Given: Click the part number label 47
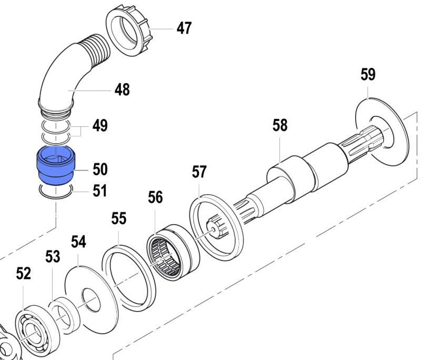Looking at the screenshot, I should (184, 28).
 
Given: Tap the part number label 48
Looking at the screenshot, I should (122, 89).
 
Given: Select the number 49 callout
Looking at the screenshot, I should (100, 126).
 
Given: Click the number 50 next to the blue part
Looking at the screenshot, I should (100, 169).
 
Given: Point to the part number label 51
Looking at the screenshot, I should (99, 191).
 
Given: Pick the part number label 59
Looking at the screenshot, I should (368, 75).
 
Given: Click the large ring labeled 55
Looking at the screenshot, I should (129, 276).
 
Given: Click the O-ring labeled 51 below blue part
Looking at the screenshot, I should (55, 191).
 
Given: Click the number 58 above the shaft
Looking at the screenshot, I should (280, 125).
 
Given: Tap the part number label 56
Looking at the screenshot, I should (155, 197).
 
